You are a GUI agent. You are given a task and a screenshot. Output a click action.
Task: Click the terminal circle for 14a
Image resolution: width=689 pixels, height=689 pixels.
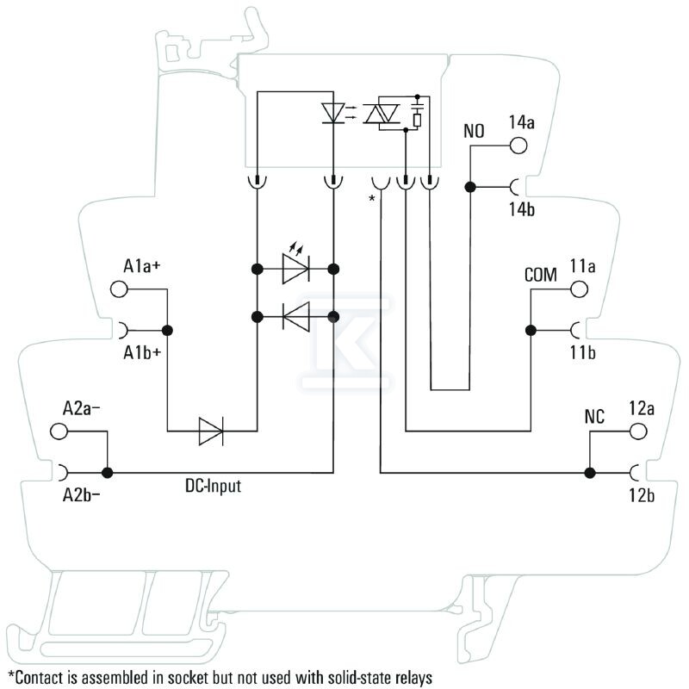(518, 146)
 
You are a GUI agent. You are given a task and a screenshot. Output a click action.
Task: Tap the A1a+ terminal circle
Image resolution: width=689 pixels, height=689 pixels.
(119, 289)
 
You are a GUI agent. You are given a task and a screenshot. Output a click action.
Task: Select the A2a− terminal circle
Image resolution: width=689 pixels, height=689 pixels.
(59, 431)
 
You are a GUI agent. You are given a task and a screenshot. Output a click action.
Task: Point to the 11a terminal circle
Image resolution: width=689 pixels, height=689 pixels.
(579, 289)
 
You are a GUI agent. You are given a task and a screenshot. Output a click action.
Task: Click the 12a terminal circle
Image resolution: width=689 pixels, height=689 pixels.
(638, 431)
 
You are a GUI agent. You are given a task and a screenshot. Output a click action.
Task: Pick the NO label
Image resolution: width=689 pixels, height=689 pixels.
(474, 131)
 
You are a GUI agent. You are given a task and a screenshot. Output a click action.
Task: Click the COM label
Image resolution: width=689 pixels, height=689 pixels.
(541, 275)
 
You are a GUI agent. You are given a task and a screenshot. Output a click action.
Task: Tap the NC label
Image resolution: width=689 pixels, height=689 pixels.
(594, 417)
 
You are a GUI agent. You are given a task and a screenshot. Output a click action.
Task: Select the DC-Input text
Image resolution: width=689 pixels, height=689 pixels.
(213, 486)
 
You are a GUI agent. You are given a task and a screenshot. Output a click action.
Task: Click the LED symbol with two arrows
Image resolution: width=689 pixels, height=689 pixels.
(295, 264)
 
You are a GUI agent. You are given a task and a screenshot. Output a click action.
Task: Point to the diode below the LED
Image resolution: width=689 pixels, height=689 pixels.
(296, 316)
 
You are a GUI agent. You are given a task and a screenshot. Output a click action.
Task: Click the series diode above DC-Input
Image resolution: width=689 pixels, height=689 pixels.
(211, 431)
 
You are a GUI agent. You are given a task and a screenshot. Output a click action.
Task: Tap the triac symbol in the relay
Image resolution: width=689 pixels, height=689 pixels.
(382, 114)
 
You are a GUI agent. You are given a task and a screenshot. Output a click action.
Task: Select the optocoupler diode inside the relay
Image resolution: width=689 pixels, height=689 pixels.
(333, 113)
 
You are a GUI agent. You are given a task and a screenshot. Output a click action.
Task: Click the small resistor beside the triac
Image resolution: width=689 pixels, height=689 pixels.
(417, 120)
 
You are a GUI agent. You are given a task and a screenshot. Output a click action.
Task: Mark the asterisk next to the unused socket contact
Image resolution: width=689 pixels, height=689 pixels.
(372, 198)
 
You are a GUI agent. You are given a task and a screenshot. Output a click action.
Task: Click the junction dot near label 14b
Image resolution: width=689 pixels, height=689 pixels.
(470, 187)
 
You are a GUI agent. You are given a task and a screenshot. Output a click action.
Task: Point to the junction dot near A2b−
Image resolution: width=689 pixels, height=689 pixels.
(107, 473)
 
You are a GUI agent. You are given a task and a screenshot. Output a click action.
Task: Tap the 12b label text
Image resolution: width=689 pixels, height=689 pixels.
(642, 495)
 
